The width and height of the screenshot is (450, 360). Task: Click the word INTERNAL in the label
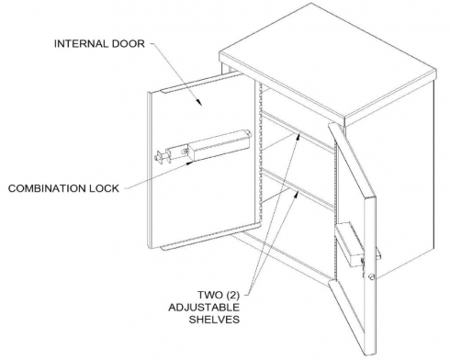[81, 44]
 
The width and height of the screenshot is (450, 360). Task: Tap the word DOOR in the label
[128, 44]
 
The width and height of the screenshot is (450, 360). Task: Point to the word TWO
[210, 295]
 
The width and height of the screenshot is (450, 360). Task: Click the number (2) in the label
[232, 295]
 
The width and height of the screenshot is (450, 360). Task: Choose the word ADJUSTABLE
[204, 308]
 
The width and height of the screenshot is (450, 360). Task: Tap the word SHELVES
[214, 320]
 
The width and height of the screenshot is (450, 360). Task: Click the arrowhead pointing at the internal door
[199, 102]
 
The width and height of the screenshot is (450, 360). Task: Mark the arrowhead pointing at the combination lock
[190, 163]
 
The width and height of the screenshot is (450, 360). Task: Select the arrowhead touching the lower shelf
[297, 194]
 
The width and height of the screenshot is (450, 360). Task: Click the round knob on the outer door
[372, 276]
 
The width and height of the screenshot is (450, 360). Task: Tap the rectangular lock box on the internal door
[219, 145]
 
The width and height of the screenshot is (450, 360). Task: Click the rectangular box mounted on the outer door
[352, 244]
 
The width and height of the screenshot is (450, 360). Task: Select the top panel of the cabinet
[328, 62]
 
